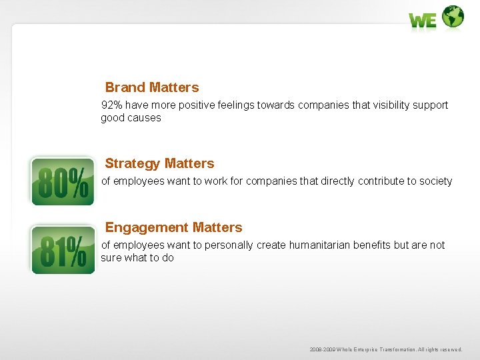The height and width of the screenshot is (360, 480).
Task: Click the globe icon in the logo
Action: click(x=453, y=16)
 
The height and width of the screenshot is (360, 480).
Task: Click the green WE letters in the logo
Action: click(x=423, y=21)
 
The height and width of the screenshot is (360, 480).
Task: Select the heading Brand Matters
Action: click(x=152, y=87)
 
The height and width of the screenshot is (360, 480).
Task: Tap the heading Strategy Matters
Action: click(x=159, y=163)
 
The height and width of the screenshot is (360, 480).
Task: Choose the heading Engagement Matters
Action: click(x=173, y=227)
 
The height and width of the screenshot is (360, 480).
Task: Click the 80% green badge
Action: click(x=63, y=181)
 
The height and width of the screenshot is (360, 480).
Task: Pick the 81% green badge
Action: click(x=63, y=250)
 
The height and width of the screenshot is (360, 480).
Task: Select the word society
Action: click(x=434, y=181)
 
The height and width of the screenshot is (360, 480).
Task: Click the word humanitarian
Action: click(x=317, y=245)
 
